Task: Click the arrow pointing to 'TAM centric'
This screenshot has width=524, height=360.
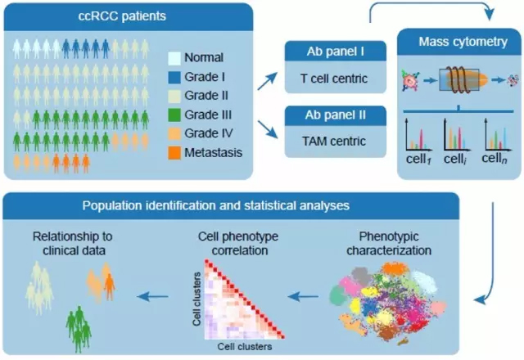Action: click(267, 128)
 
